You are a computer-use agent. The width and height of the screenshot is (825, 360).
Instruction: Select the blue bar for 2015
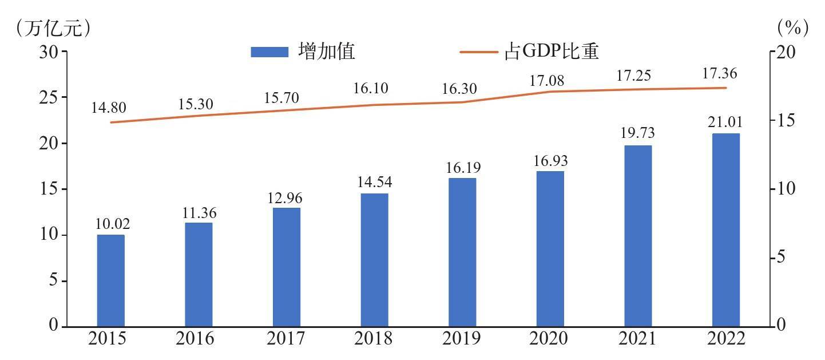tap(110, 280)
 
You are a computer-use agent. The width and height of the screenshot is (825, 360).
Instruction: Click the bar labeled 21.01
tap(725, 230)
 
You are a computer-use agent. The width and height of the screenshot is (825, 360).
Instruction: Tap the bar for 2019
tap(462, 252)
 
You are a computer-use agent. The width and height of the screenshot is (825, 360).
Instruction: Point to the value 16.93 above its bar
tap(550, 161)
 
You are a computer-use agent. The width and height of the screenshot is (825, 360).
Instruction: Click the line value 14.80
tap(109, 108)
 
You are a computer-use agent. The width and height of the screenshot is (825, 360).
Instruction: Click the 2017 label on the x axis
tap(286, 339)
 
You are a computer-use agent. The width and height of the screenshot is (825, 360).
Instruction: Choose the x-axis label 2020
tap(549, 339)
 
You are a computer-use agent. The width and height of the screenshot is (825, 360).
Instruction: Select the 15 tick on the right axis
tap(791, 120)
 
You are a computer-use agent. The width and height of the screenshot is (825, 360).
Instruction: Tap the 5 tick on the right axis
tap(787, 258)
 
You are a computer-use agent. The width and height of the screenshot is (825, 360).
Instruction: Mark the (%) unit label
tap(793, 27)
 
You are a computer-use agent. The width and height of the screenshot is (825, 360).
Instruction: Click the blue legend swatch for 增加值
tap(269, 52)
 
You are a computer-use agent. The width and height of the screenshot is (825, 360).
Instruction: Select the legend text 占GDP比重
tap(552, 52)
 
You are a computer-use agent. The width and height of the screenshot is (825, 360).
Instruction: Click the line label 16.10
tap(370, 89)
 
